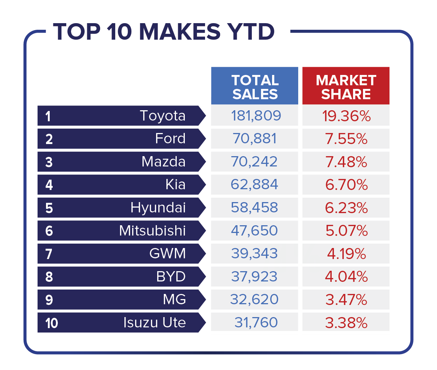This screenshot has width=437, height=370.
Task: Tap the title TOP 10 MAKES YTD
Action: point(164,32)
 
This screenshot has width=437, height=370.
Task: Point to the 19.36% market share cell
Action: point(346,116)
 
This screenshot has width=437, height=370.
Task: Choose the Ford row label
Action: point(170,139)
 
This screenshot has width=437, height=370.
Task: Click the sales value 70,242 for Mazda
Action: point(254,162)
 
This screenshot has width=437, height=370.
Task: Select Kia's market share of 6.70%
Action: point(346,185)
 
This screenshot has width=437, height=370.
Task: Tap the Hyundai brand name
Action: point(158,208)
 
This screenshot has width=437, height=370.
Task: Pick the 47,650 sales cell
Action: point(254,231)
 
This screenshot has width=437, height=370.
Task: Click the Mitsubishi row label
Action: point(152,231)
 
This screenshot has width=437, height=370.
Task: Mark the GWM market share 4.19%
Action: point(345,254)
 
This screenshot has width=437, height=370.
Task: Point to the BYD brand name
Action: point(171,277)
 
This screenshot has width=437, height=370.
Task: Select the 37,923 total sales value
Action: point(254,277)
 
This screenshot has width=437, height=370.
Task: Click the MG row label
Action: point(174,300)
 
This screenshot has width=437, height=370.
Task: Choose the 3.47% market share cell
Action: point(346,300)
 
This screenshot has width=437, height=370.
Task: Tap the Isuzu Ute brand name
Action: point(155,323)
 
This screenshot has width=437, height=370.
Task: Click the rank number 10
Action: point(52,323)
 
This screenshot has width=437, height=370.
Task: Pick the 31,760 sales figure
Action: point(256,323)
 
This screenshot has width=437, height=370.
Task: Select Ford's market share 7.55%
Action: point(346,139)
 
